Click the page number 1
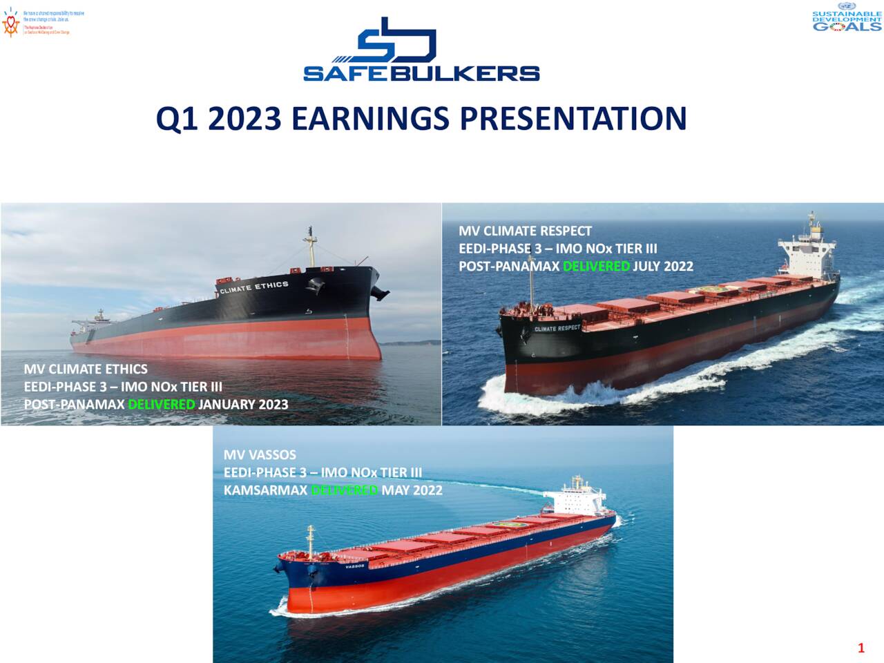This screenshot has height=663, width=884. (861, 648)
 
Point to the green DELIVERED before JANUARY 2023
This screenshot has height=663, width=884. (162, 404)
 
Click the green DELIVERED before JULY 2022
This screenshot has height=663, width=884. (596, 266)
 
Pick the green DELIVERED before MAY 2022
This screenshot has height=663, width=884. (344, 490)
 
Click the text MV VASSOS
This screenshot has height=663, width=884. (260, 454)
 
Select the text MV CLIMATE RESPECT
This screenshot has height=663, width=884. (525, 231)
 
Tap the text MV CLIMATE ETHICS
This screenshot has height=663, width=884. (86, 369)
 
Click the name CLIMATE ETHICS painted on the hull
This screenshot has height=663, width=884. (254, 287)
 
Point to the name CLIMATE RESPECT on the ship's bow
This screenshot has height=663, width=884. (557, 328)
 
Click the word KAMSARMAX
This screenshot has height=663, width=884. (265, 490)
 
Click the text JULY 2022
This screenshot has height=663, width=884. (663, 266)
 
